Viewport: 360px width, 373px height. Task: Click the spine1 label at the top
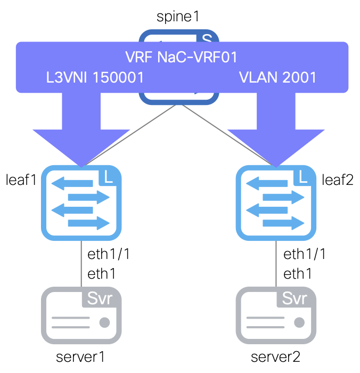point(178,16)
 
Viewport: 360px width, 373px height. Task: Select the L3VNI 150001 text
point(95,77)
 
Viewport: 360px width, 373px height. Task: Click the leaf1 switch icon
point(80,202)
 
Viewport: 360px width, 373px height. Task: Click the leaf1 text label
point(20,180)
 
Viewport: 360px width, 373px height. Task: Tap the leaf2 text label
point(338,180)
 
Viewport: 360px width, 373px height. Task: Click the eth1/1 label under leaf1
point(109,254)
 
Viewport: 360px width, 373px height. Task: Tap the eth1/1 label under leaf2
point(304,254)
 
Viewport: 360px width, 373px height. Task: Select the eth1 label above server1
point(101,274)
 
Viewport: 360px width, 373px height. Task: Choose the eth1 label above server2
point(297,274)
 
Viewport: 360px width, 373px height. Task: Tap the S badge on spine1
point(206,38)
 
